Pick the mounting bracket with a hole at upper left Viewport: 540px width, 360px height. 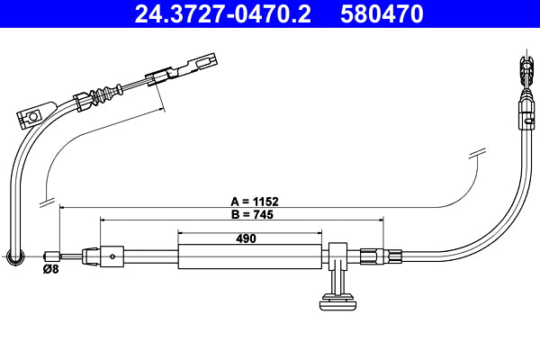[x=32, y=115]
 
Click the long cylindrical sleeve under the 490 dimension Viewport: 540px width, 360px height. [x=249, y=256]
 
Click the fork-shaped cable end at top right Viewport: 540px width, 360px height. [x=525, y=70]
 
